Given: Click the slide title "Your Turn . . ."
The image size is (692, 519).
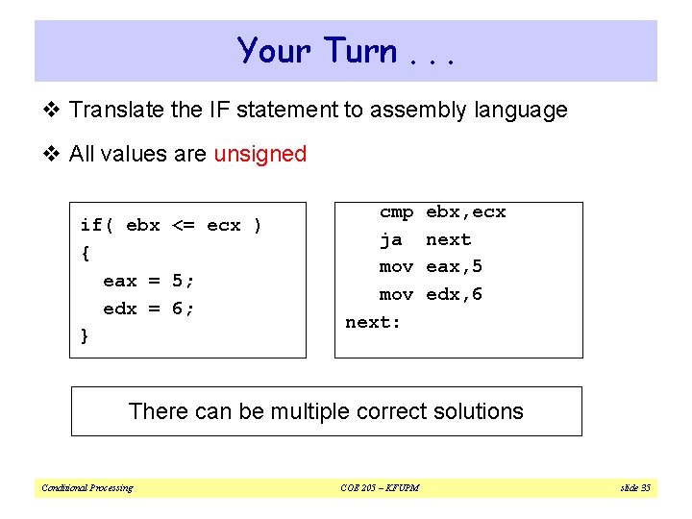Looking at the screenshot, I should tap(345, 51).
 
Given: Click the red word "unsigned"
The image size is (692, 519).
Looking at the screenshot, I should tap(259, 154).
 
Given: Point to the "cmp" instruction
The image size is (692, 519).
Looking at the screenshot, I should tap(396, 211).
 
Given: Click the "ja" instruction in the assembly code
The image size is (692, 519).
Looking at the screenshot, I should tap(391, 239).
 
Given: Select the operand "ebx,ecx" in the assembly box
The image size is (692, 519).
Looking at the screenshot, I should tap(465, 211).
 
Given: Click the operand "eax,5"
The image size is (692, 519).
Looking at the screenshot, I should tap(454, 266).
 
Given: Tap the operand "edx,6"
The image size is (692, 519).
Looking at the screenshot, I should tap(454, 294).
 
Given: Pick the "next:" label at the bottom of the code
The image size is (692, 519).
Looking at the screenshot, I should tap(373, 322).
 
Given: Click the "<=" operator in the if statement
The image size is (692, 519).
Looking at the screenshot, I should tap(183, 225).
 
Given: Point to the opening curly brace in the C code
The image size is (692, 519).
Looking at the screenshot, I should tap(86, 253).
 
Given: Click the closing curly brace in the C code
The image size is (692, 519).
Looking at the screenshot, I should tap(86, 336).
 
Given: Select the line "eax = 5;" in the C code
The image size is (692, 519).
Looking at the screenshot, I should tap(148, 281).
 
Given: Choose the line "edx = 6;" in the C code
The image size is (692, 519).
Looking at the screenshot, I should tap(148, 309).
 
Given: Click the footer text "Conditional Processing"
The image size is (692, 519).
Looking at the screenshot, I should tap(87, 488).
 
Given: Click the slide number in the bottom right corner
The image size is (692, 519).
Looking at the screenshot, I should tap(634, 488).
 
